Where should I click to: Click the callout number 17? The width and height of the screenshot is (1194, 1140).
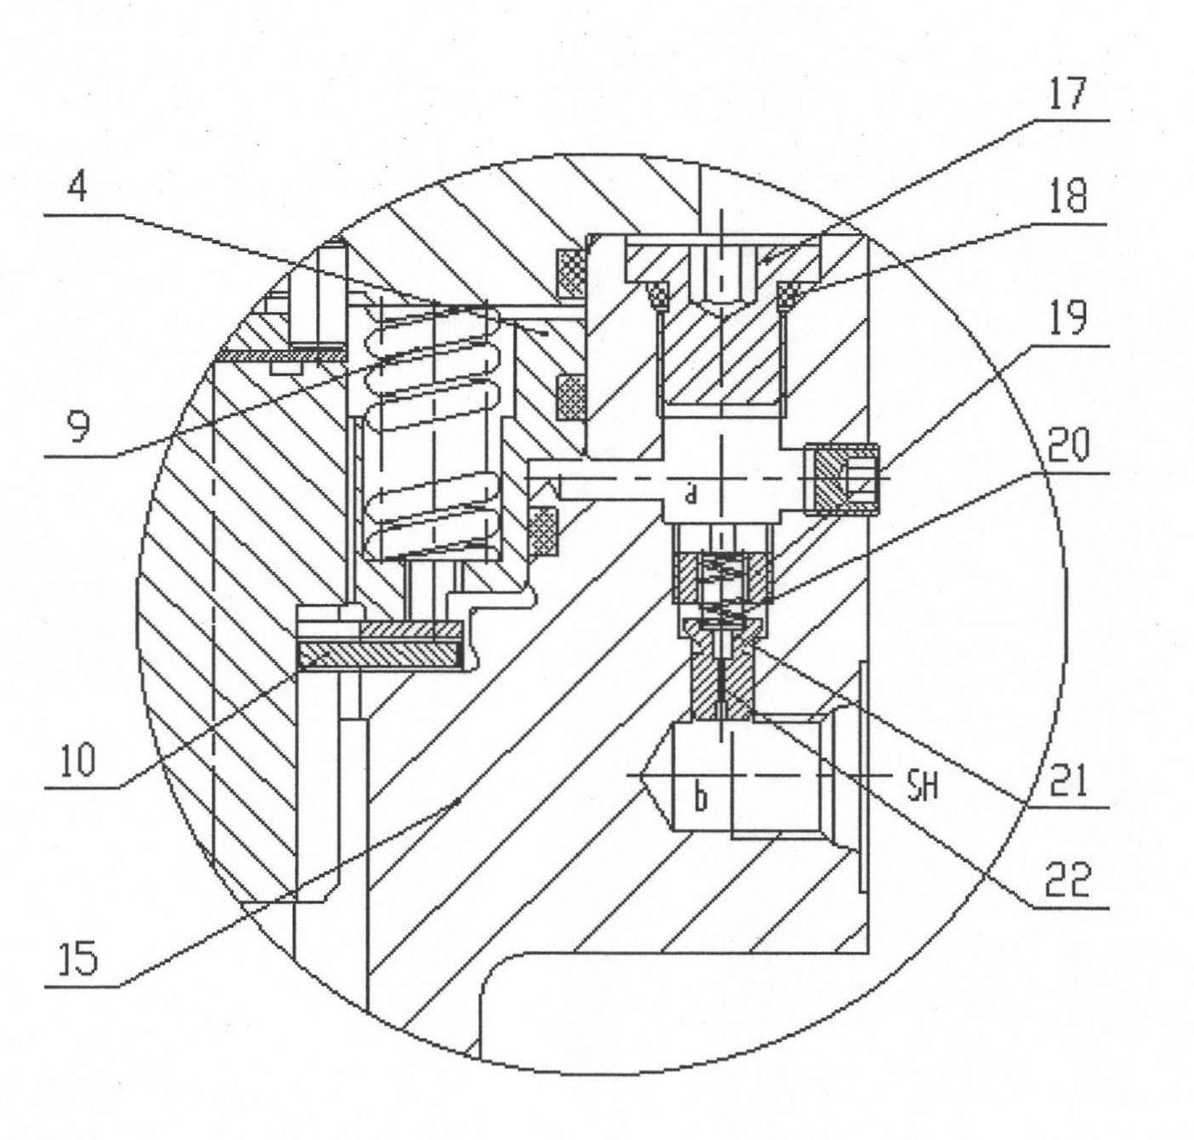tap(1067, 92)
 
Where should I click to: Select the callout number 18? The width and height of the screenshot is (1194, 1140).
tap(1067, 196)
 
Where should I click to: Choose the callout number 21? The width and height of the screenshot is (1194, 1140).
tap(1068, 780)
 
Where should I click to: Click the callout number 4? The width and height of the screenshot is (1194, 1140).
tap(77, 185)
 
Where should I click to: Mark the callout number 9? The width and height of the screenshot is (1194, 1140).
tap(78, 425)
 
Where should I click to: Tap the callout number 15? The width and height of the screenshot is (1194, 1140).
tap(79, 960)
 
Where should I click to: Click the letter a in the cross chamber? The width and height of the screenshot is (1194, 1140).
tap(689, 495)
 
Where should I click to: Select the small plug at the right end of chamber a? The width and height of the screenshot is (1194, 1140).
tap(842, 480)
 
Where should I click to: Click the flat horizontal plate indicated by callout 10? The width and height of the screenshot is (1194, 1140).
tap(381, 656)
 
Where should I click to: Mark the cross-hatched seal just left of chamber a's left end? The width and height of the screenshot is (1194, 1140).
tap(544, 532)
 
